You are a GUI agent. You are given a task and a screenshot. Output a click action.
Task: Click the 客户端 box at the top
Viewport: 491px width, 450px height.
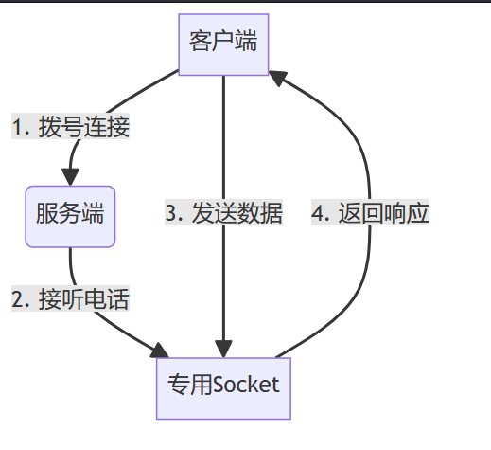[x=223, y=44]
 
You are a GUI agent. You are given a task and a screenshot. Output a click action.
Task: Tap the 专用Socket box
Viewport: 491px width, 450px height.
[x=223, y=385]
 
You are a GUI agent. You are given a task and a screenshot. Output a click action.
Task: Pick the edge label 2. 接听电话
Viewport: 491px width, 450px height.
[x=70, y=300]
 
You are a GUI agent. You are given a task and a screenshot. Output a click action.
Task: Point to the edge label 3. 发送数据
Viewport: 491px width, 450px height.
[x=223, y=213]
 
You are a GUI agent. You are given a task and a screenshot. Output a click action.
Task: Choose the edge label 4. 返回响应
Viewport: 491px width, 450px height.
[x=370, y=213]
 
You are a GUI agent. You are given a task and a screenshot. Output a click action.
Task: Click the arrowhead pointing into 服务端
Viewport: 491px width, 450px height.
[x=70, y=176]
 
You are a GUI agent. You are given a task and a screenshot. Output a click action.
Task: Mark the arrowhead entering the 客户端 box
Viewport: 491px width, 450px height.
[x=278, y=75]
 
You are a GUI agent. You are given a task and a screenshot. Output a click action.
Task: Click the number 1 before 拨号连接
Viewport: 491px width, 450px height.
[x=17, y=127]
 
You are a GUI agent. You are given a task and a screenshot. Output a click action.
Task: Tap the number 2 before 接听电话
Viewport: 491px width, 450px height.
[x=17, y=300]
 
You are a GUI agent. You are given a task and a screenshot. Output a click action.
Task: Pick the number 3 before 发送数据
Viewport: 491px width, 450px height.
[x=171, y=213]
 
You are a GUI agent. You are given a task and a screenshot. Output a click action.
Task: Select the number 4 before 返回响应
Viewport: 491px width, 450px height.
[x=318, y=213]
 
